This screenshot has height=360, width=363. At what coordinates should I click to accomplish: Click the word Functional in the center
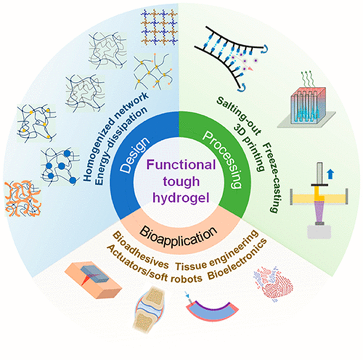pyautogui.click(x=181, y=165)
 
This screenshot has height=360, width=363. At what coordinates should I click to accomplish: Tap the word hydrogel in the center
pyautogui.click(x=181, y=198)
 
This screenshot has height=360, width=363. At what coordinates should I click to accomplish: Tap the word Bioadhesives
pyautogui.click(x=140, y=250)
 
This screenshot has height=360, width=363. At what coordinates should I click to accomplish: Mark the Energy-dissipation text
pyautogui.click(x=121, y=145)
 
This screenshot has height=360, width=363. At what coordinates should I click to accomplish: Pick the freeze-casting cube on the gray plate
pyautogui.click(x=307, y=106)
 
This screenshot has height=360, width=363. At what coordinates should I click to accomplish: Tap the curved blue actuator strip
pyautogui.click(x=212, y=313)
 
